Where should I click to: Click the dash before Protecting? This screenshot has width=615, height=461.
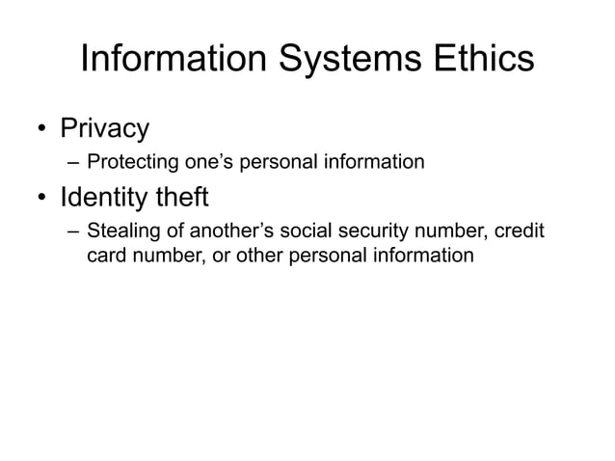click(73, 161)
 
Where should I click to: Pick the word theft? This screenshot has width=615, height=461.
click(187, 199)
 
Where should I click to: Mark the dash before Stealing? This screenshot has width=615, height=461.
click(73, 232)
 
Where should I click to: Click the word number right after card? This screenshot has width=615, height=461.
click(165, 256)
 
